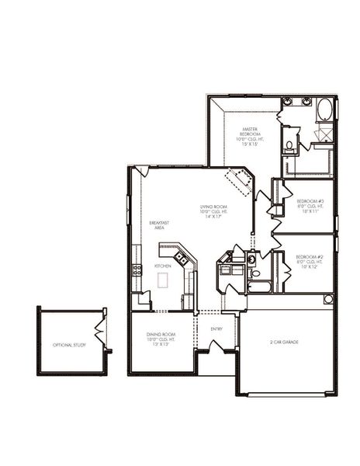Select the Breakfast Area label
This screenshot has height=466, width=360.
tap(158, 226)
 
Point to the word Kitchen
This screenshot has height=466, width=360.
tap(163, 266)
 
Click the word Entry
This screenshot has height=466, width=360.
tap(217, 329)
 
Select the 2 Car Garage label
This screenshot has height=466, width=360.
tap(285, 342)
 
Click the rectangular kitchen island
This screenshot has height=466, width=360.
tap(163, 281)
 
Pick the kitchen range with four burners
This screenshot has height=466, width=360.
tap(137, 270)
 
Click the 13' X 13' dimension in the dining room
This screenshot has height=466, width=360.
tap(158, 344)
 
